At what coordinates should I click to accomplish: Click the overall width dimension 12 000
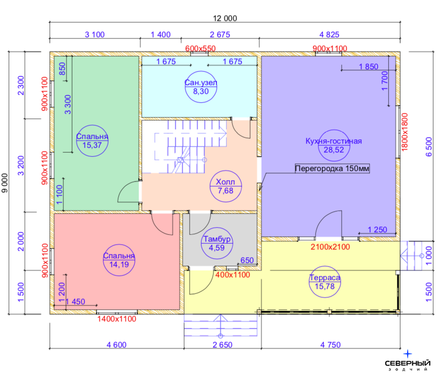tap(225, 18)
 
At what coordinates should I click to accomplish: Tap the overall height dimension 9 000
tap(5, 183)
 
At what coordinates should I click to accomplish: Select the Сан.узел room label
tap(201, 83)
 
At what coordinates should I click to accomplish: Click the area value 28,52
tap(334, 150)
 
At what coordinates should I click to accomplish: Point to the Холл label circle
tap(225, 170)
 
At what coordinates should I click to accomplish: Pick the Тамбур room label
tap(217, 239)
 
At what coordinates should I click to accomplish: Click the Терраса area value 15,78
tap(325, 287)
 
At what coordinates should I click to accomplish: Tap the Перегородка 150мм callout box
tap(332, 169)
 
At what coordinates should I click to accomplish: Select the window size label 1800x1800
tap(405, 132)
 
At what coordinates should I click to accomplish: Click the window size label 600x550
tap(200, 48)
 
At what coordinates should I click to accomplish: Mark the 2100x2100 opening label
tap(330, 247)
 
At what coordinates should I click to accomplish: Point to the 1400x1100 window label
tap(117, 319)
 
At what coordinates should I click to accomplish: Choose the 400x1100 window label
tap(233, 274)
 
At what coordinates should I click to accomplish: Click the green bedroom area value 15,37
tap(92, 145)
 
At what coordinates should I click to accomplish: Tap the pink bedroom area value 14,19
tap(119, 264)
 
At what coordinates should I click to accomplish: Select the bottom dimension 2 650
tap(223, 345)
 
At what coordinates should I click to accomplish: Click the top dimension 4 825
tap(329, 34)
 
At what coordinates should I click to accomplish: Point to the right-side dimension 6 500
tap(428, 146)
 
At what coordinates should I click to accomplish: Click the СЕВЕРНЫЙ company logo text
tap(408, 363)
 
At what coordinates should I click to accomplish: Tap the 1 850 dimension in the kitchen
tap(369, 66)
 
